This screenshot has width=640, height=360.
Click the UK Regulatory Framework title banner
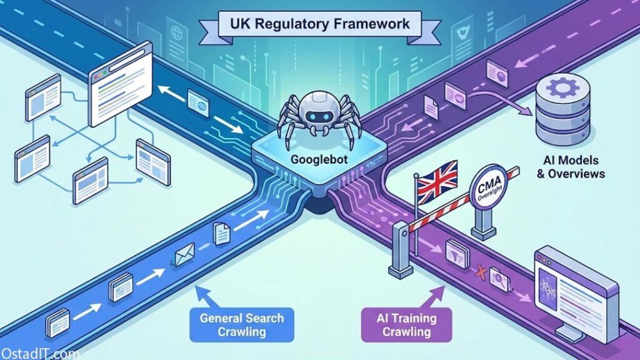[321, 25]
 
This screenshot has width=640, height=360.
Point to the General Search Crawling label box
[241, 324]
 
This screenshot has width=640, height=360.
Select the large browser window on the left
[122, 87]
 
